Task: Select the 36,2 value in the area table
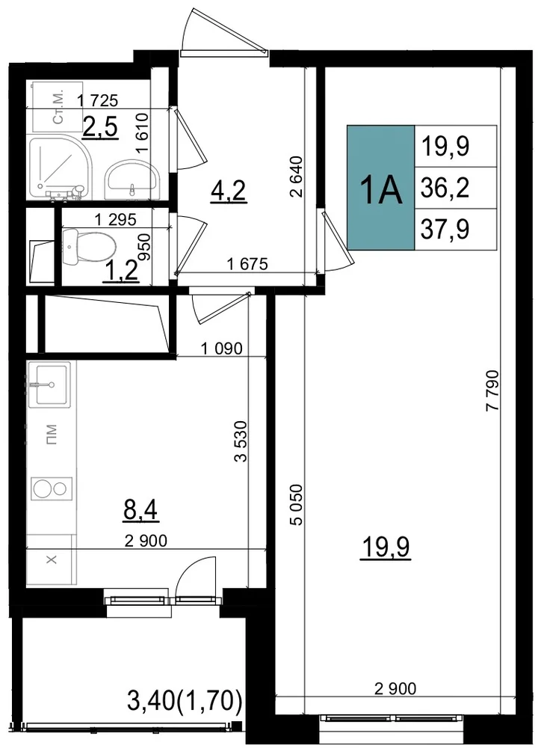pos(445,188)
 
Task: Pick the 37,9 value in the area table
pos(445,229)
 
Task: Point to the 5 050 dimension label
pos(296,505)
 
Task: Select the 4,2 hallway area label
pos(229,191)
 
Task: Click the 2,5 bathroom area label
pos(100,127)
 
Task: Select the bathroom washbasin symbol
pos(133,180)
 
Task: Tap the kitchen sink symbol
pos(49,384)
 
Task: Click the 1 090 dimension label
pos(222,349)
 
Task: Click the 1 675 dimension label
pos(247,263)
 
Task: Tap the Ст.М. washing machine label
pos(58,113)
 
